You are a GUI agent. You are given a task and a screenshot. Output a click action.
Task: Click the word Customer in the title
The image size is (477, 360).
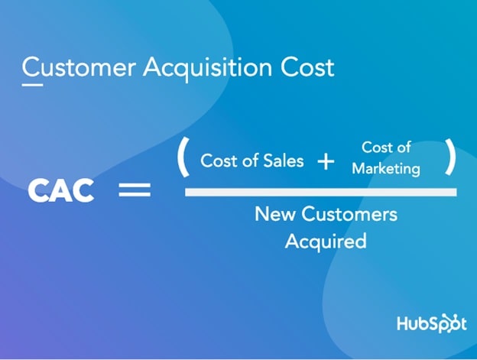tap(79, 67)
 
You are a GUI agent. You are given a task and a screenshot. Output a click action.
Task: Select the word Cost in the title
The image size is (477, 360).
tap(307, 67)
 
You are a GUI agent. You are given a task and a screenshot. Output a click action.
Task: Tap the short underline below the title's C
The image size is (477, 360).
tap(32, 85)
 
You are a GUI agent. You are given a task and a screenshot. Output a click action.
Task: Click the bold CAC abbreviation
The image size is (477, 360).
tap(61, 190)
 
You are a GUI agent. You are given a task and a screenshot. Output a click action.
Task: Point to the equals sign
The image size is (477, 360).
tap(135, 190)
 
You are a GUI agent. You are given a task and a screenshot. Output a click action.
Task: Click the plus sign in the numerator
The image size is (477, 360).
tap(326, 161)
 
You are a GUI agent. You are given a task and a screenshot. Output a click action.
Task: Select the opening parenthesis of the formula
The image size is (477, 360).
tap(183, 157)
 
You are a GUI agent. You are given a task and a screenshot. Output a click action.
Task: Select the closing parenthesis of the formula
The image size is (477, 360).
tap(450, 157)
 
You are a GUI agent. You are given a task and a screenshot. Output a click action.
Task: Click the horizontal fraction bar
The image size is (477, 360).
tap(321, 192)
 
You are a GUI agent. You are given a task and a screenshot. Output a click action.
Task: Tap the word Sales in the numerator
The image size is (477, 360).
tap(283, 161)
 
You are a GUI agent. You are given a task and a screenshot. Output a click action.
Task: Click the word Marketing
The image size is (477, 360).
tap(386, 169)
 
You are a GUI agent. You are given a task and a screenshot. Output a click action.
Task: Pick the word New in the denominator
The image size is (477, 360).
tap(275, 214)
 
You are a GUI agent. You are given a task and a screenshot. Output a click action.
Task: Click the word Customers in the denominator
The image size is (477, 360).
tap(349, 214)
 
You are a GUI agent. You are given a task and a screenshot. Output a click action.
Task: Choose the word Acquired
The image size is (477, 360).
tap(326, 242)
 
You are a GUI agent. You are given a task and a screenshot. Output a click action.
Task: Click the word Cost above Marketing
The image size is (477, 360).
tap(375, 148)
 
